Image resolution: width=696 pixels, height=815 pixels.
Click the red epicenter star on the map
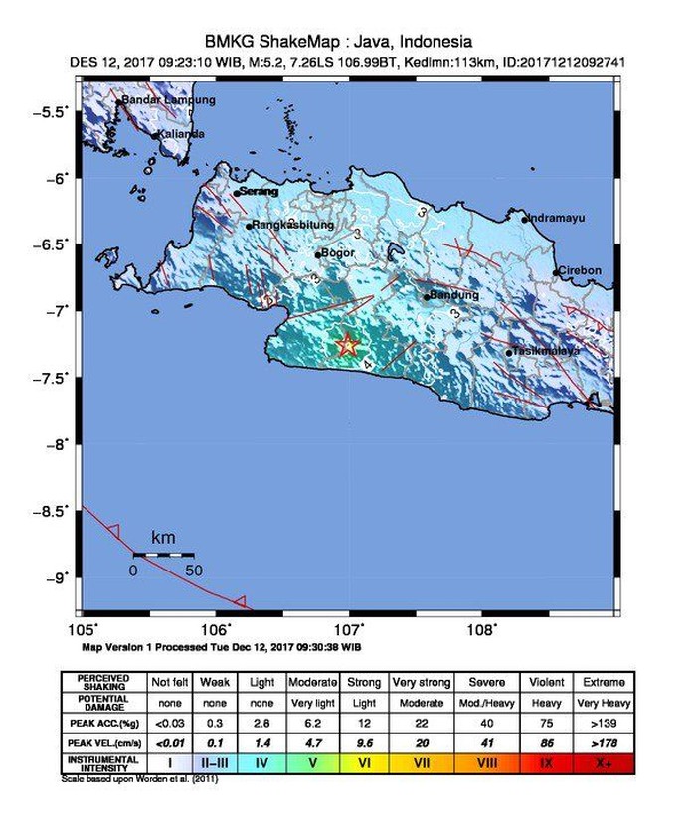pyautogui.click(x=347, y=344)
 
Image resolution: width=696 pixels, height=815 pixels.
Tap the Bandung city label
pyautogui.click(x=456, y=295)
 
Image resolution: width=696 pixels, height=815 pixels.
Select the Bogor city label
pyautogui.click(x=337, y=253)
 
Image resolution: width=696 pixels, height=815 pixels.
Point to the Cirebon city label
pyautogui.click(x=580, y=270)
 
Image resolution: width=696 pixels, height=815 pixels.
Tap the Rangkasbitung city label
pyautogui.click(x=290, y=226)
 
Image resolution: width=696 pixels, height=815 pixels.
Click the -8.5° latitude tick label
pyautogui.click(x=56, y=511)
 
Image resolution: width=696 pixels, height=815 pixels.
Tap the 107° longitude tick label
pyautogui.click(x=349, y=629)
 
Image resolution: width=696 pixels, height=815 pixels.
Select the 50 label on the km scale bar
pyautogui.click(x=193, y=570)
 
